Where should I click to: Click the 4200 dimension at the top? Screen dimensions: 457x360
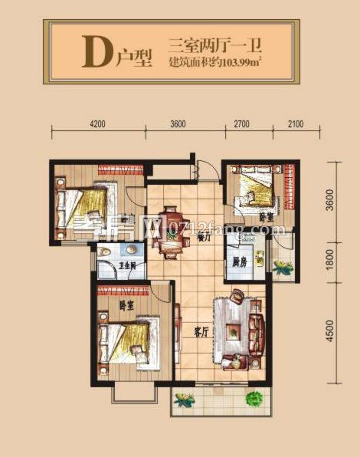click(x=97, y=123)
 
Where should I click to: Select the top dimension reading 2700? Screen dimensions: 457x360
click(x=242, y=123)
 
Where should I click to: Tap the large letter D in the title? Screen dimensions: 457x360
click(x=93, y=51)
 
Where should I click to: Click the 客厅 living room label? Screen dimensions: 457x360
click(x=201, y=333)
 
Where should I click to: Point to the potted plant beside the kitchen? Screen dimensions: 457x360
click(x=283, y=268)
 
